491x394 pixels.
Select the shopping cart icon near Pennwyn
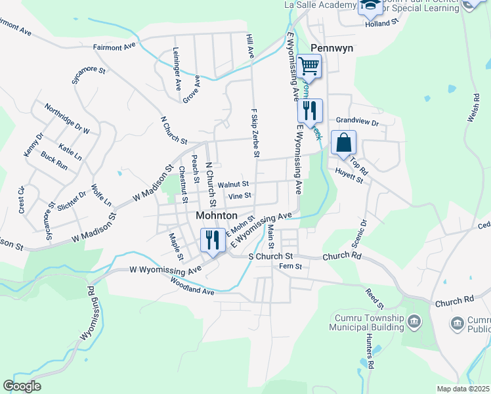click(x=309, y=66)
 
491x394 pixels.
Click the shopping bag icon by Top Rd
click(x=343, y=142)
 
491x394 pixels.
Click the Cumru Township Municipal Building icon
click(x=414, y=321)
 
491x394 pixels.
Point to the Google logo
click(x=21, y=386)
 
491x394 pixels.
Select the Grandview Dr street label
click(x=358, y=122)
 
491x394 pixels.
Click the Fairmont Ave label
click(x=114, y=47)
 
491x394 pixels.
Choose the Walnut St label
click(x=234, y=185)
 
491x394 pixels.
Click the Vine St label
click(x=240, y=196)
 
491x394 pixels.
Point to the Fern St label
click(x=289, y=266)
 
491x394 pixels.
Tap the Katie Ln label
click(x=70, y=152)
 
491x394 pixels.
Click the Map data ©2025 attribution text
click(x=463, y=389)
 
